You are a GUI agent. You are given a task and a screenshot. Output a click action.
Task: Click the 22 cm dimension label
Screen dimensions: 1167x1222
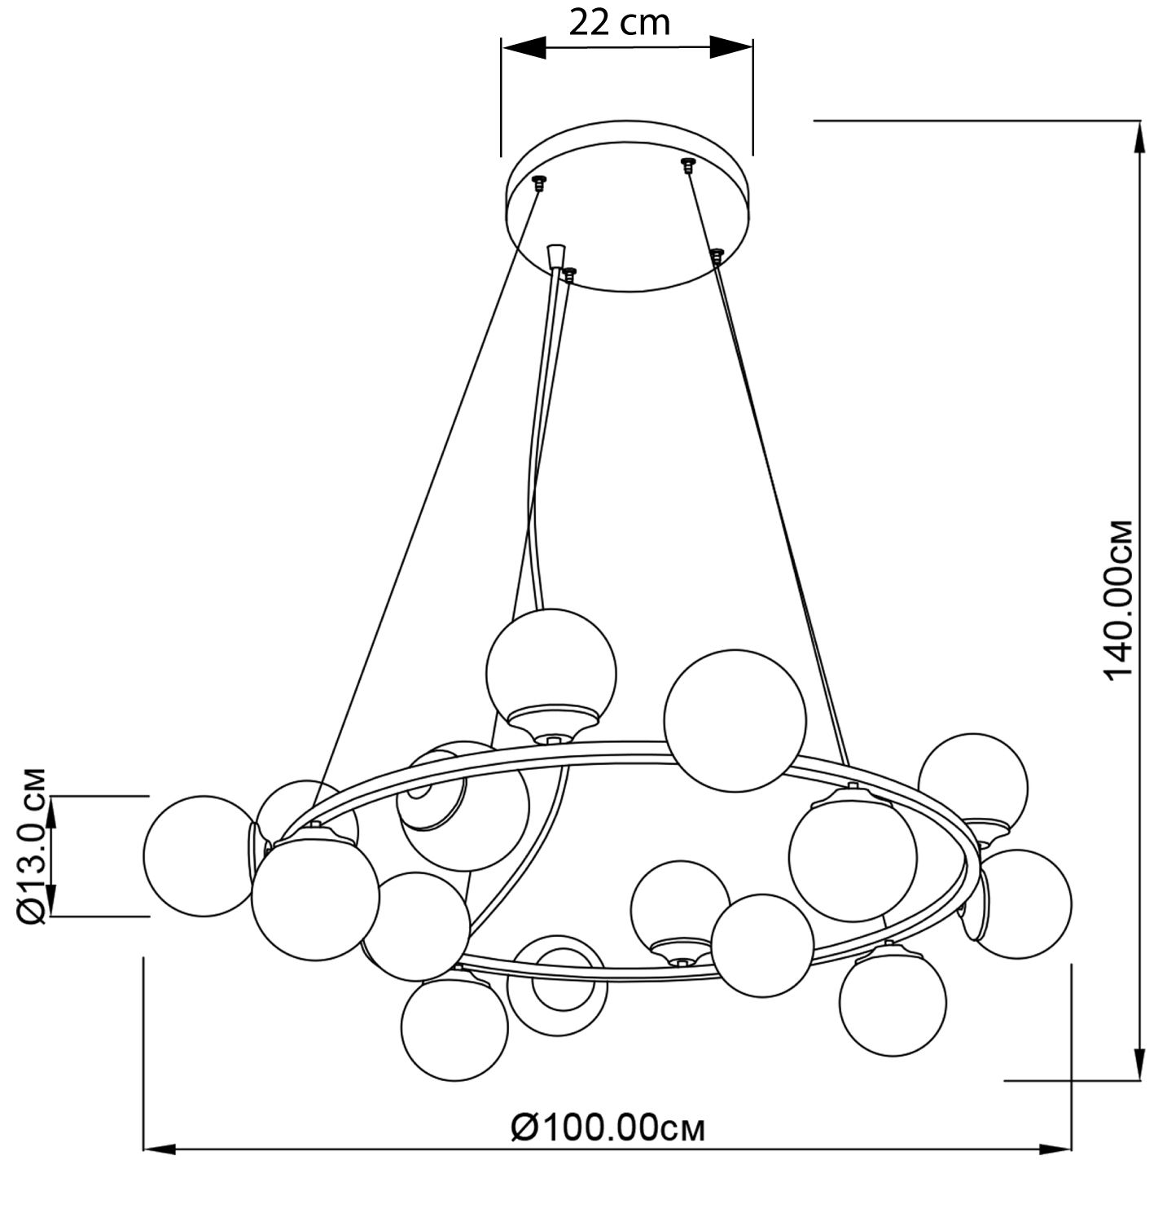(619, 22)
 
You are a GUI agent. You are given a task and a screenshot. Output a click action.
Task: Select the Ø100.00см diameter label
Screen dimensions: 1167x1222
(608, 1127)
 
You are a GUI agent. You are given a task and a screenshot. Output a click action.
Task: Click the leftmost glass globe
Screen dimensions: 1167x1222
(198, 853)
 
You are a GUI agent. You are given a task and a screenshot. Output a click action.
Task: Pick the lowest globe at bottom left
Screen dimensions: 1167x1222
(454, 1029)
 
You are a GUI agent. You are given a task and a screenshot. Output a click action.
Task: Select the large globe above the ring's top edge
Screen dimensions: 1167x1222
(735, 720)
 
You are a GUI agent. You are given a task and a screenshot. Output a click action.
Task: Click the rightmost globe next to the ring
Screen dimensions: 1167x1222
(1023, 903)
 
